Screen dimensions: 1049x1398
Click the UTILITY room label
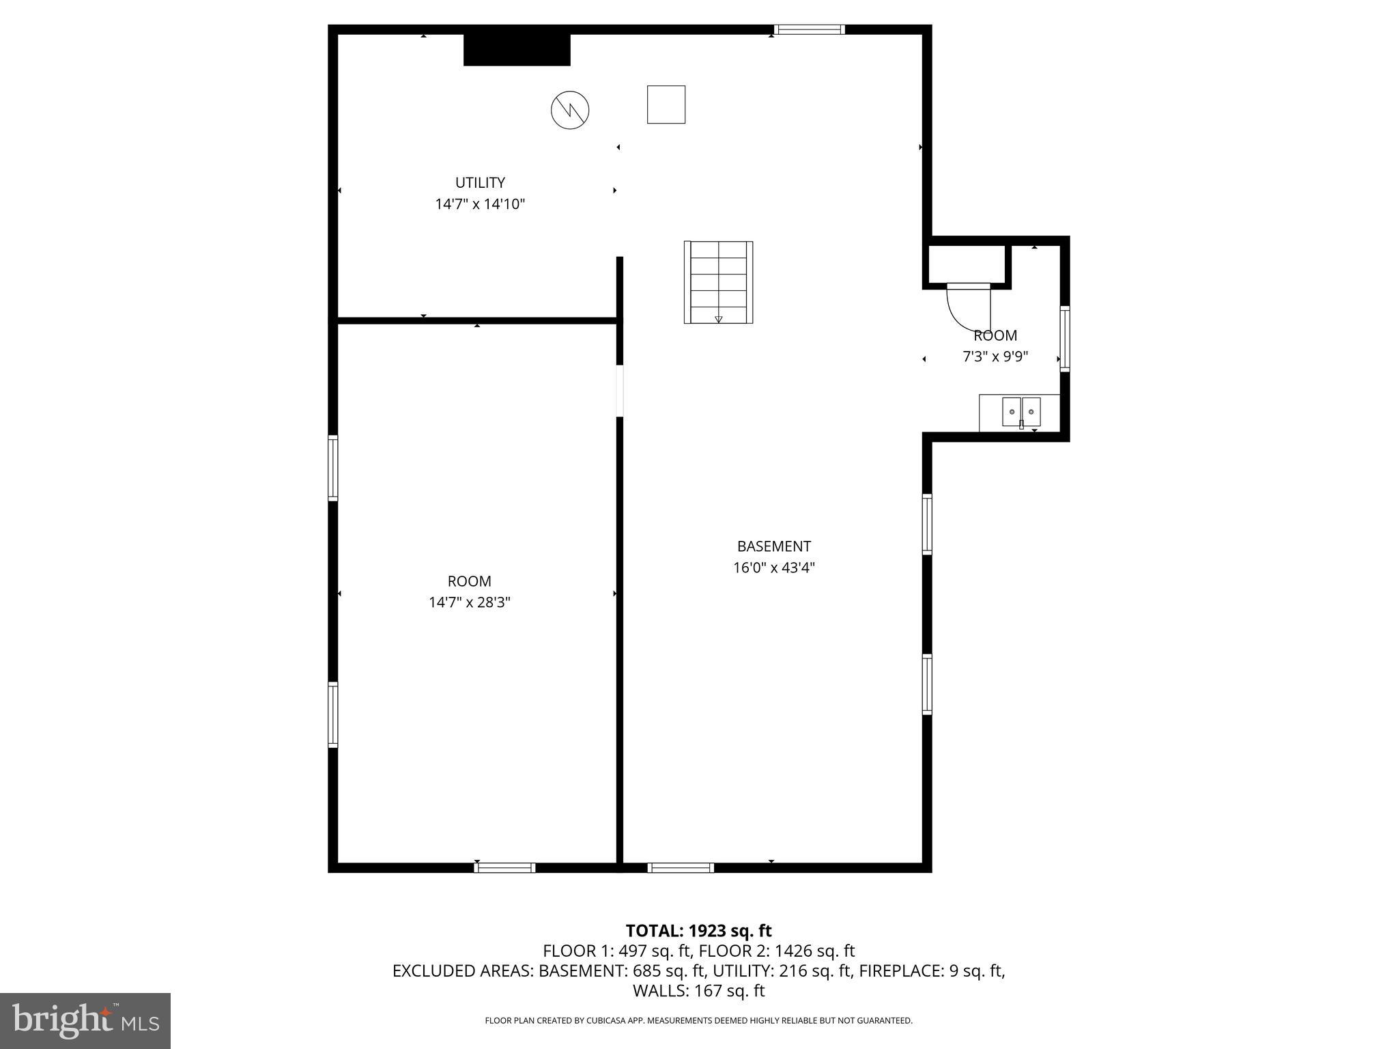480,182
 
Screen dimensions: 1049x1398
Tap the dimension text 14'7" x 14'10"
480,204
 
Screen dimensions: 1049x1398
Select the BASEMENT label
773,546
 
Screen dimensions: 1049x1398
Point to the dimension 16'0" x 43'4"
773,568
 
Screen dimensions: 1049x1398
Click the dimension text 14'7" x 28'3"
469,602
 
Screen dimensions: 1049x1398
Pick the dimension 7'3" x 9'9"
995,356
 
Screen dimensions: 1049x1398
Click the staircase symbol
718,282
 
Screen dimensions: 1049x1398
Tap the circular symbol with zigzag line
570,110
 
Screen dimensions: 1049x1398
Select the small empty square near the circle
666,104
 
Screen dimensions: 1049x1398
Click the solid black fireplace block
517,50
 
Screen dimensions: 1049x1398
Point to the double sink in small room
1021,412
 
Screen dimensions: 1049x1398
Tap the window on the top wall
809,29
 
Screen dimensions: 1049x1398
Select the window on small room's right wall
1064,339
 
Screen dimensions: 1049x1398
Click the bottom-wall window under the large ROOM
504,867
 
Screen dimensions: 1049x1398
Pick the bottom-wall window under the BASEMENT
681,867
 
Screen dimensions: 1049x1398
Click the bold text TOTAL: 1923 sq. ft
698,931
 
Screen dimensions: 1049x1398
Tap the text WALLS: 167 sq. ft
698,990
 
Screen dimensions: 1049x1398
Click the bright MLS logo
85,1020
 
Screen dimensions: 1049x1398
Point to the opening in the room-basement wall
620,391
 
